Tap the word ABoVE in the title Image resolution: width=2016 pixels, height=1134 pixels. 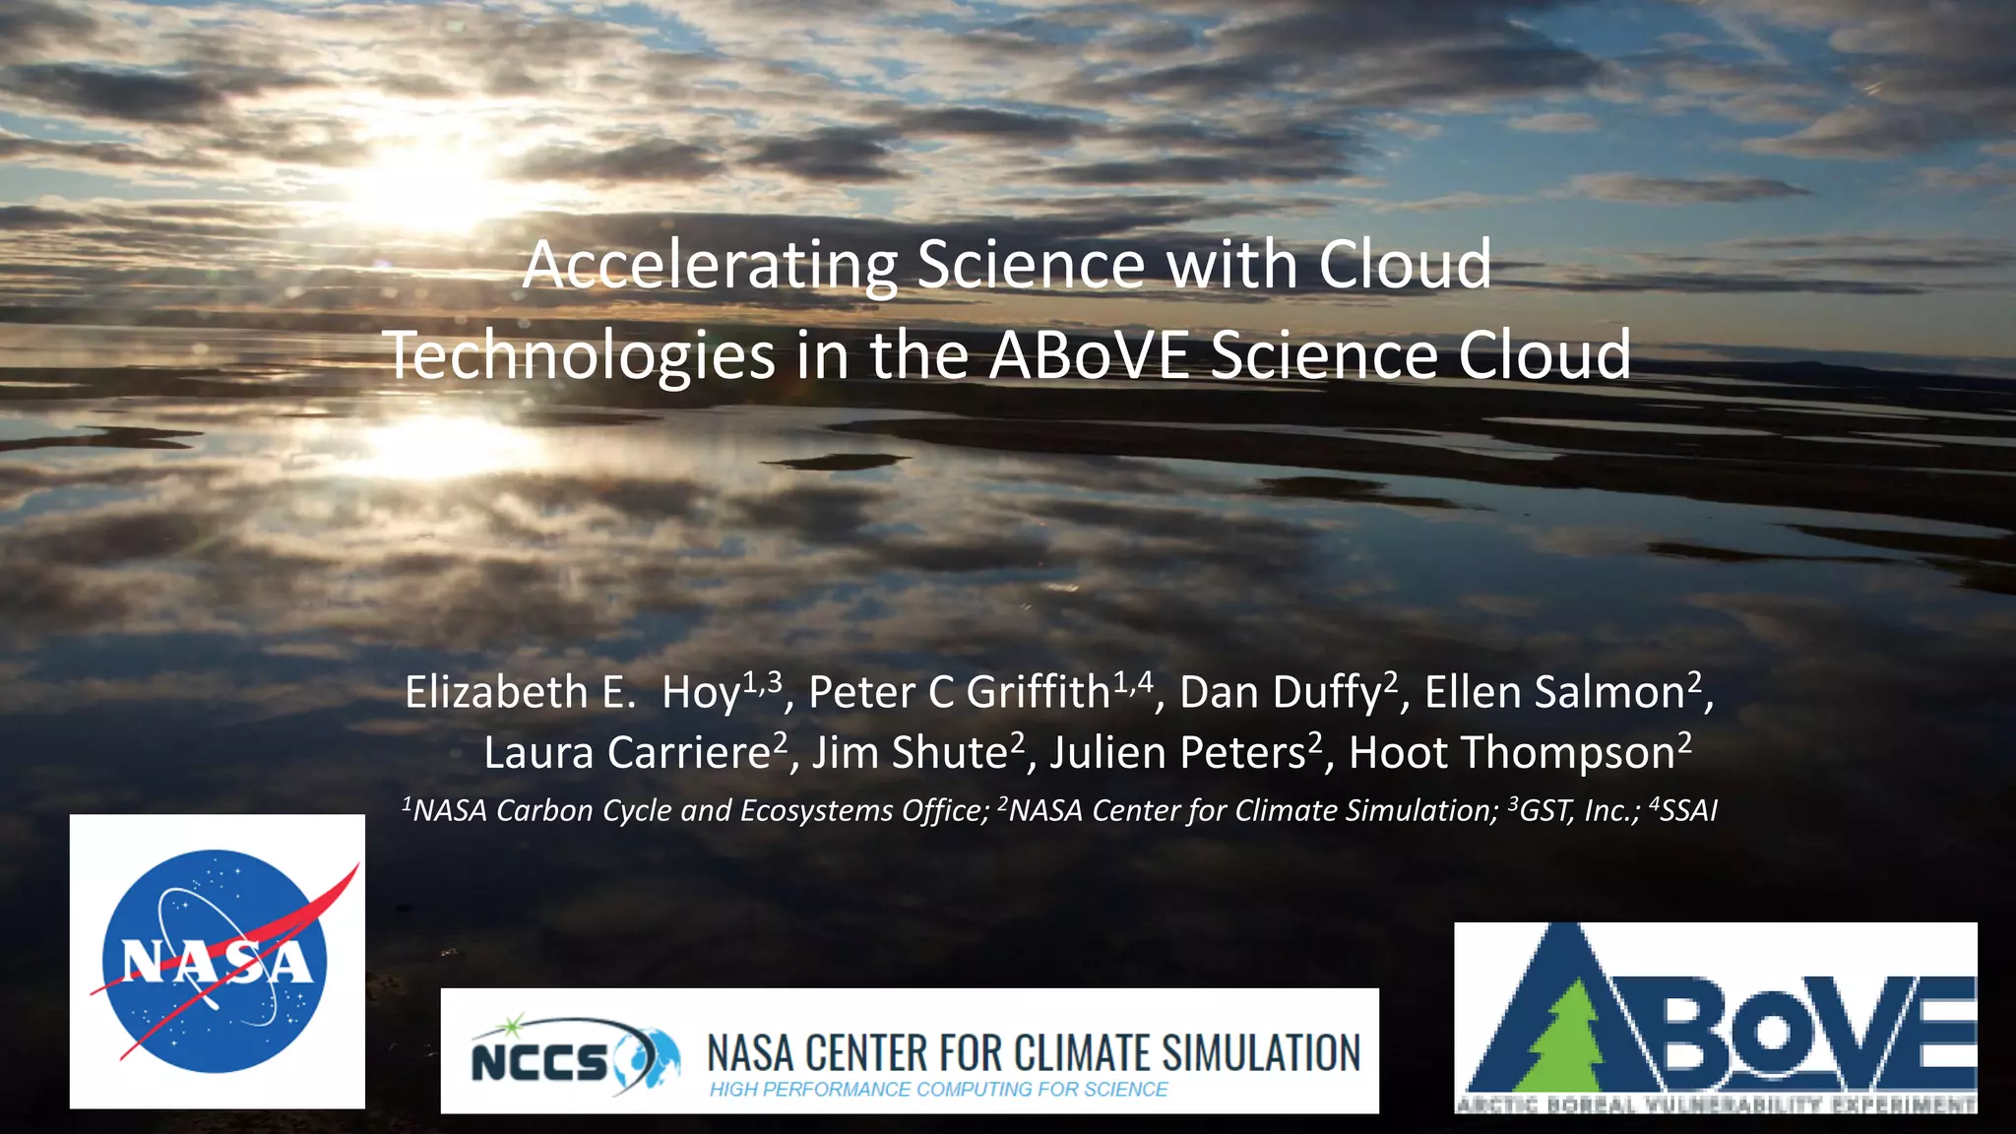[x=1089, y=355]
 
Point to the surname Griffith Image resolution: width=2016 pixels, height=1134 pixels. [x=1038, y=693]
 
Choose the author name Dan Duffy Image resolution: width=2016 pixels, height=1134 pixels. [x=1281, y=693]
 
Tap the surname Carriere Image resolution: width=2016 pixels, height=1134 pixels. [x=688, y=753]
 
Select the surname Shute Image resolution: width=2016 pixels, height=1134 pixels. [x=949, y=753]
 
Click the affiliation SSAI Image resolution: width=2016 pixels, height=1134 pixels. [x=1688, y=811]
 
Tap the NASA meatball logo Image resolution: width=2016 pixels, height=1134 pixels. [x=217, y=962]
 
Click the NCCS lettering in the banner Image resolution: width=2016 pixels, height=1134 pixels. [x=539, y=1061]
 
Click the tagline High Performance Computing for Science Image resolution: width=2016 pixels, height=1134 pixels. [x=938, y=1090]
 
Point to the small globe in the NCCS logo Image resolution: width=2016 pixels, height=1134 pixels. [x=650, y=1058]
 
